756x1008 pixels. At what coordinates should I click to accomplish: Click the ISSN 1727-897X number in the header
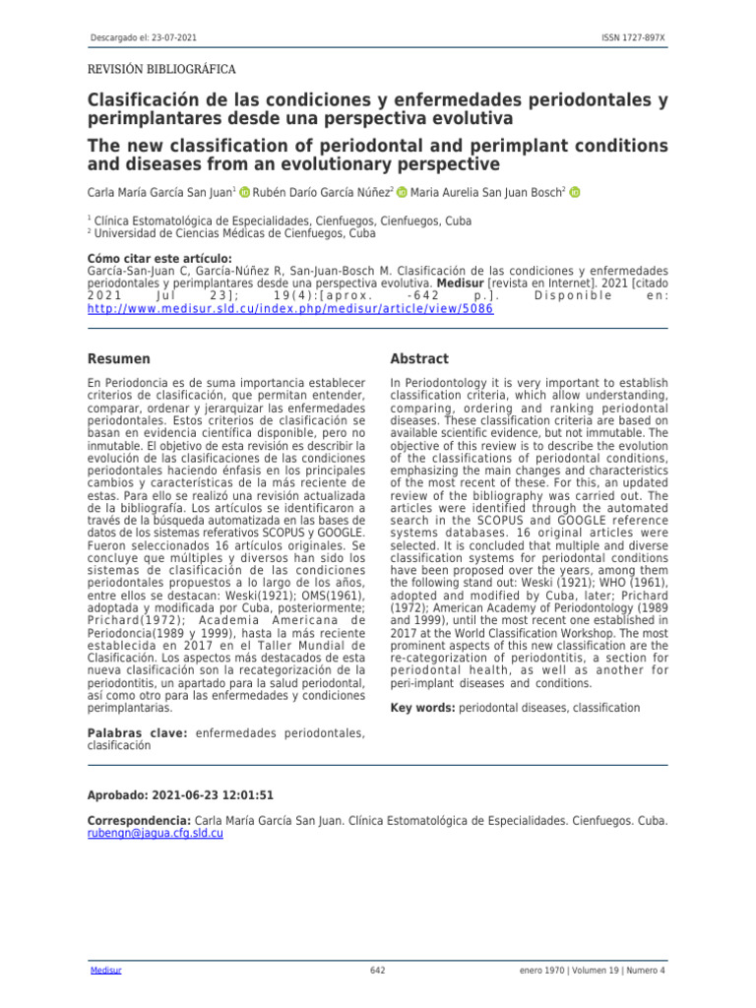[633, 37]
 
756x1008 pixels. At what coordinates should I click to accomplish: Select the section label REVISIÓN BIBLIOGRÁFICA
[161, 70]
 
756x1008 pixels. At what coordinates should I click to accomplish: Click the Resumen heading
[119, 359]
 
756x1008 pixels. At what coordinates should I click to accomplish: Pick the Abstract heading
[419, 359]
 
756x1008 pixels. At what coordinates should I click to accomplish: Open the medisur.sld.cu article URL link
[290, 308]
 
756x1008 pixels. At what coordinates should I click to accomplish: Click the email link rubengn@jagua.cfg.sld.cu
[156, 834]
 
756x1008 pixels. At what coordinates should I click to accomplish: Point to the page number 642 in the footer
[377, 971]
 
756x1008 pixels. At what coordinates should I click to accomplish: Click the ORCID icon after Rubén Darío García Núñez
[403, 193]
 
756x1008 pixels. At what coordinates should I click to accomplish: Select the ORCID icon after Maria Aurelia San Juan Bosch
[576, 193]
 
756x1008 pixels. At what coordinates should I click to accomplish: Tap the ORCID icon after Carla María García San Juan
[244, 193]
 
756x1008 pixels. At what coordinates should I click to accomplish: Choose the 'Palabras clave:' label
[139, 732]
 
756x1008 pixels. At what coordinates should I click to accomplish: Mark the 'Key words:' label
[423, 708]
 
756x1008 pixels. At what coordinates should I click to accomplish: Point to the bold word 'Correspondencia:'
[139, 821]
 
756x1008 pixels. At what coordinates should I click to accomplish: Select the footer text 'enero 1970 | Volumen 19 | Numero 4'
[593, 971]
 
